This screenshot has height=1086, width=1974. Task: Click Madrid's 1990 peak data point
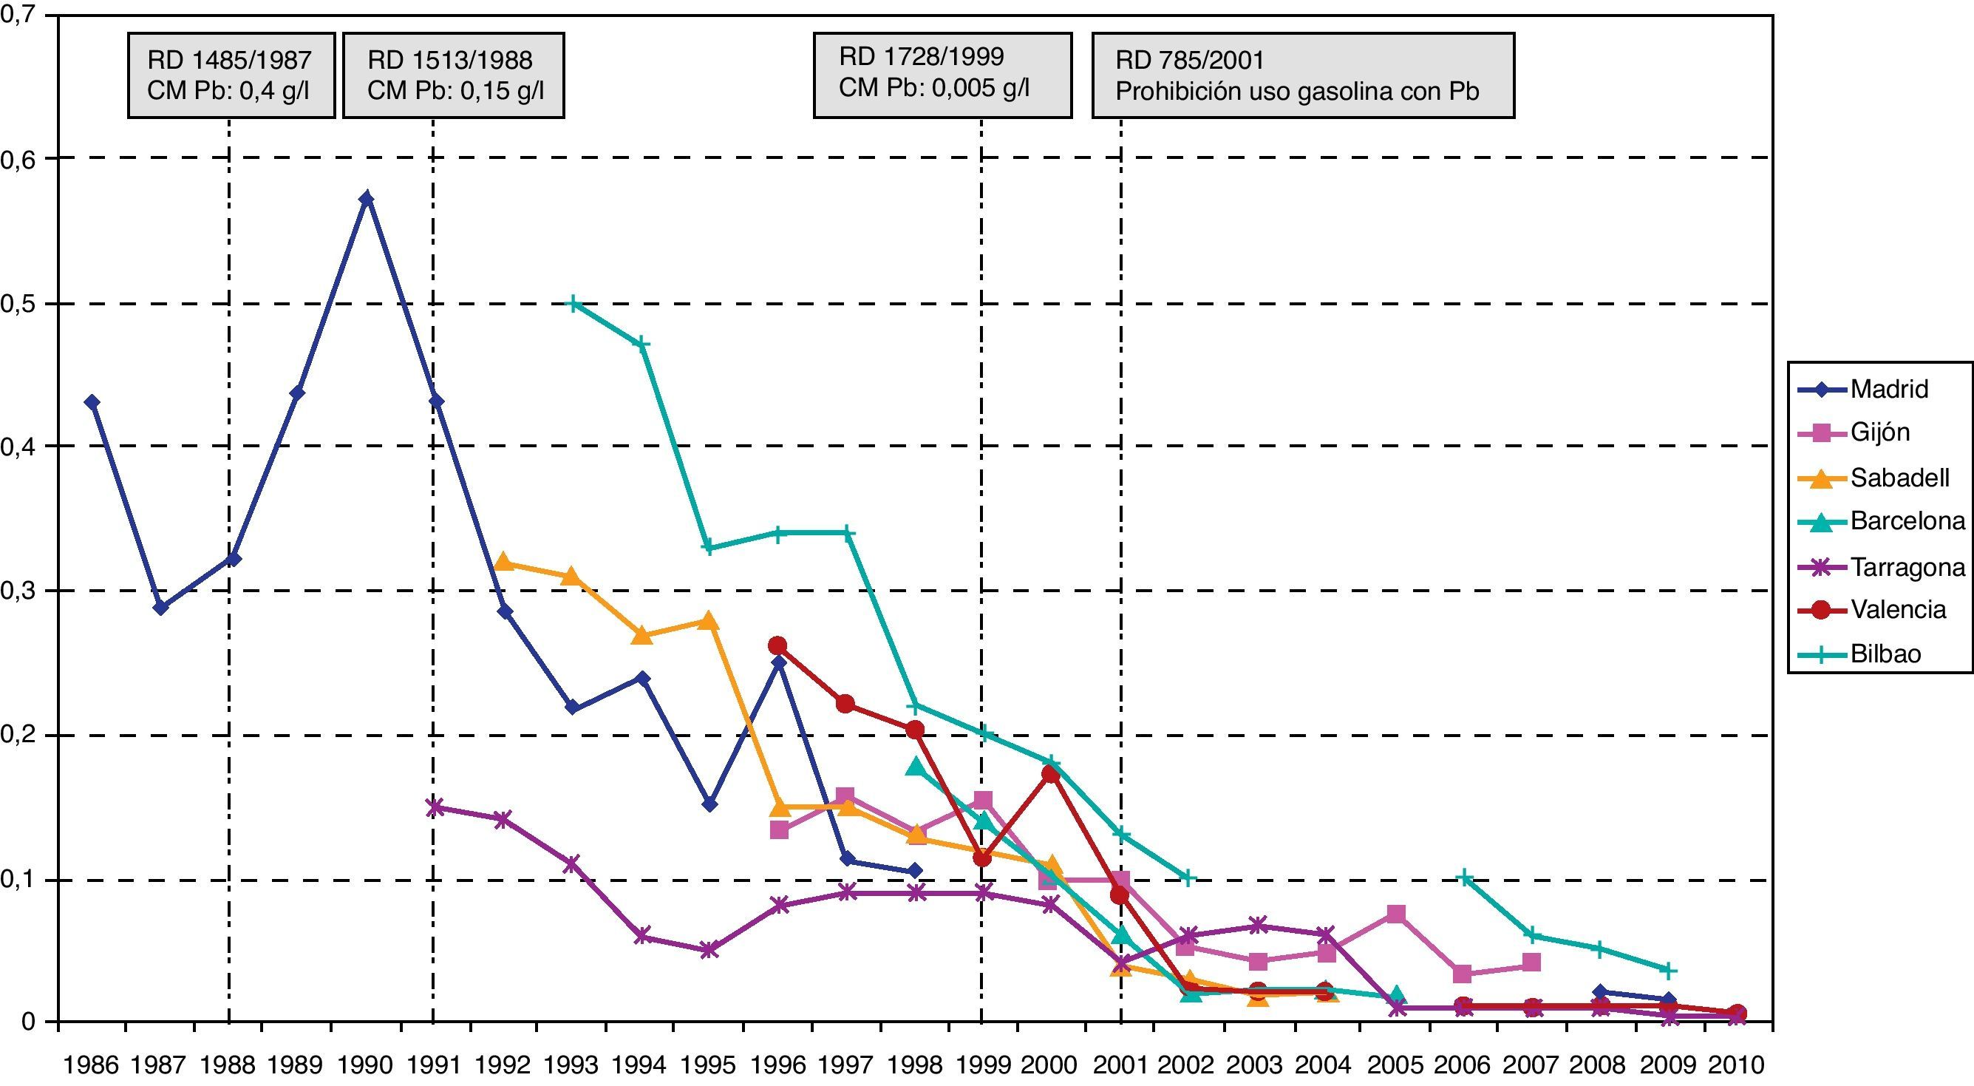367,199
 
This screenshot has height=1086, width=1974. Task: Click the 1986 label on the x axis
91,1065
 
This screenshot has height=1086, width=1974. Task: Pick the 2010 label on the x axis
1736,1065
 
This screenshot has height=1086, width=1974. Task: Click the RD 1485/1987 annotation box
231,75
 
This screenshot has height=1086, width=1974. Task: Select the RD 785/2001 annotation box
1303,75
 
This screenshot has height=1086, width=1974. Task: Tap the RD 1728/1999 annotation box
942,75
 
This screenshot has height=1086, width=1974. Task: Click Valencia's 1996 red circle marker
777,645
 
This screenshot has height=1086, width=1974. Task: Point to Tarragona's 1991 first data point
435,807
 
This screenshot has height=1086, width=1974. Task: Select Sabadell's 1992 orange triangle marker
503,562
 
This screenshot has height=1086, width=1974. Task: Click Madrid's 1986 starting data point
92,402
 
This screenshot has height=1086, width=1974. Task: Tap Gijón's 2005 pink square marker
1396,914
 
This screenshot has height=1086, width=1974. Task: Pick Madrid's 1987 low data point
160,608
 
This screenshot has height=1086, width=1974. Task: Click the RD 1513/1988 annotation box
454,75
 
